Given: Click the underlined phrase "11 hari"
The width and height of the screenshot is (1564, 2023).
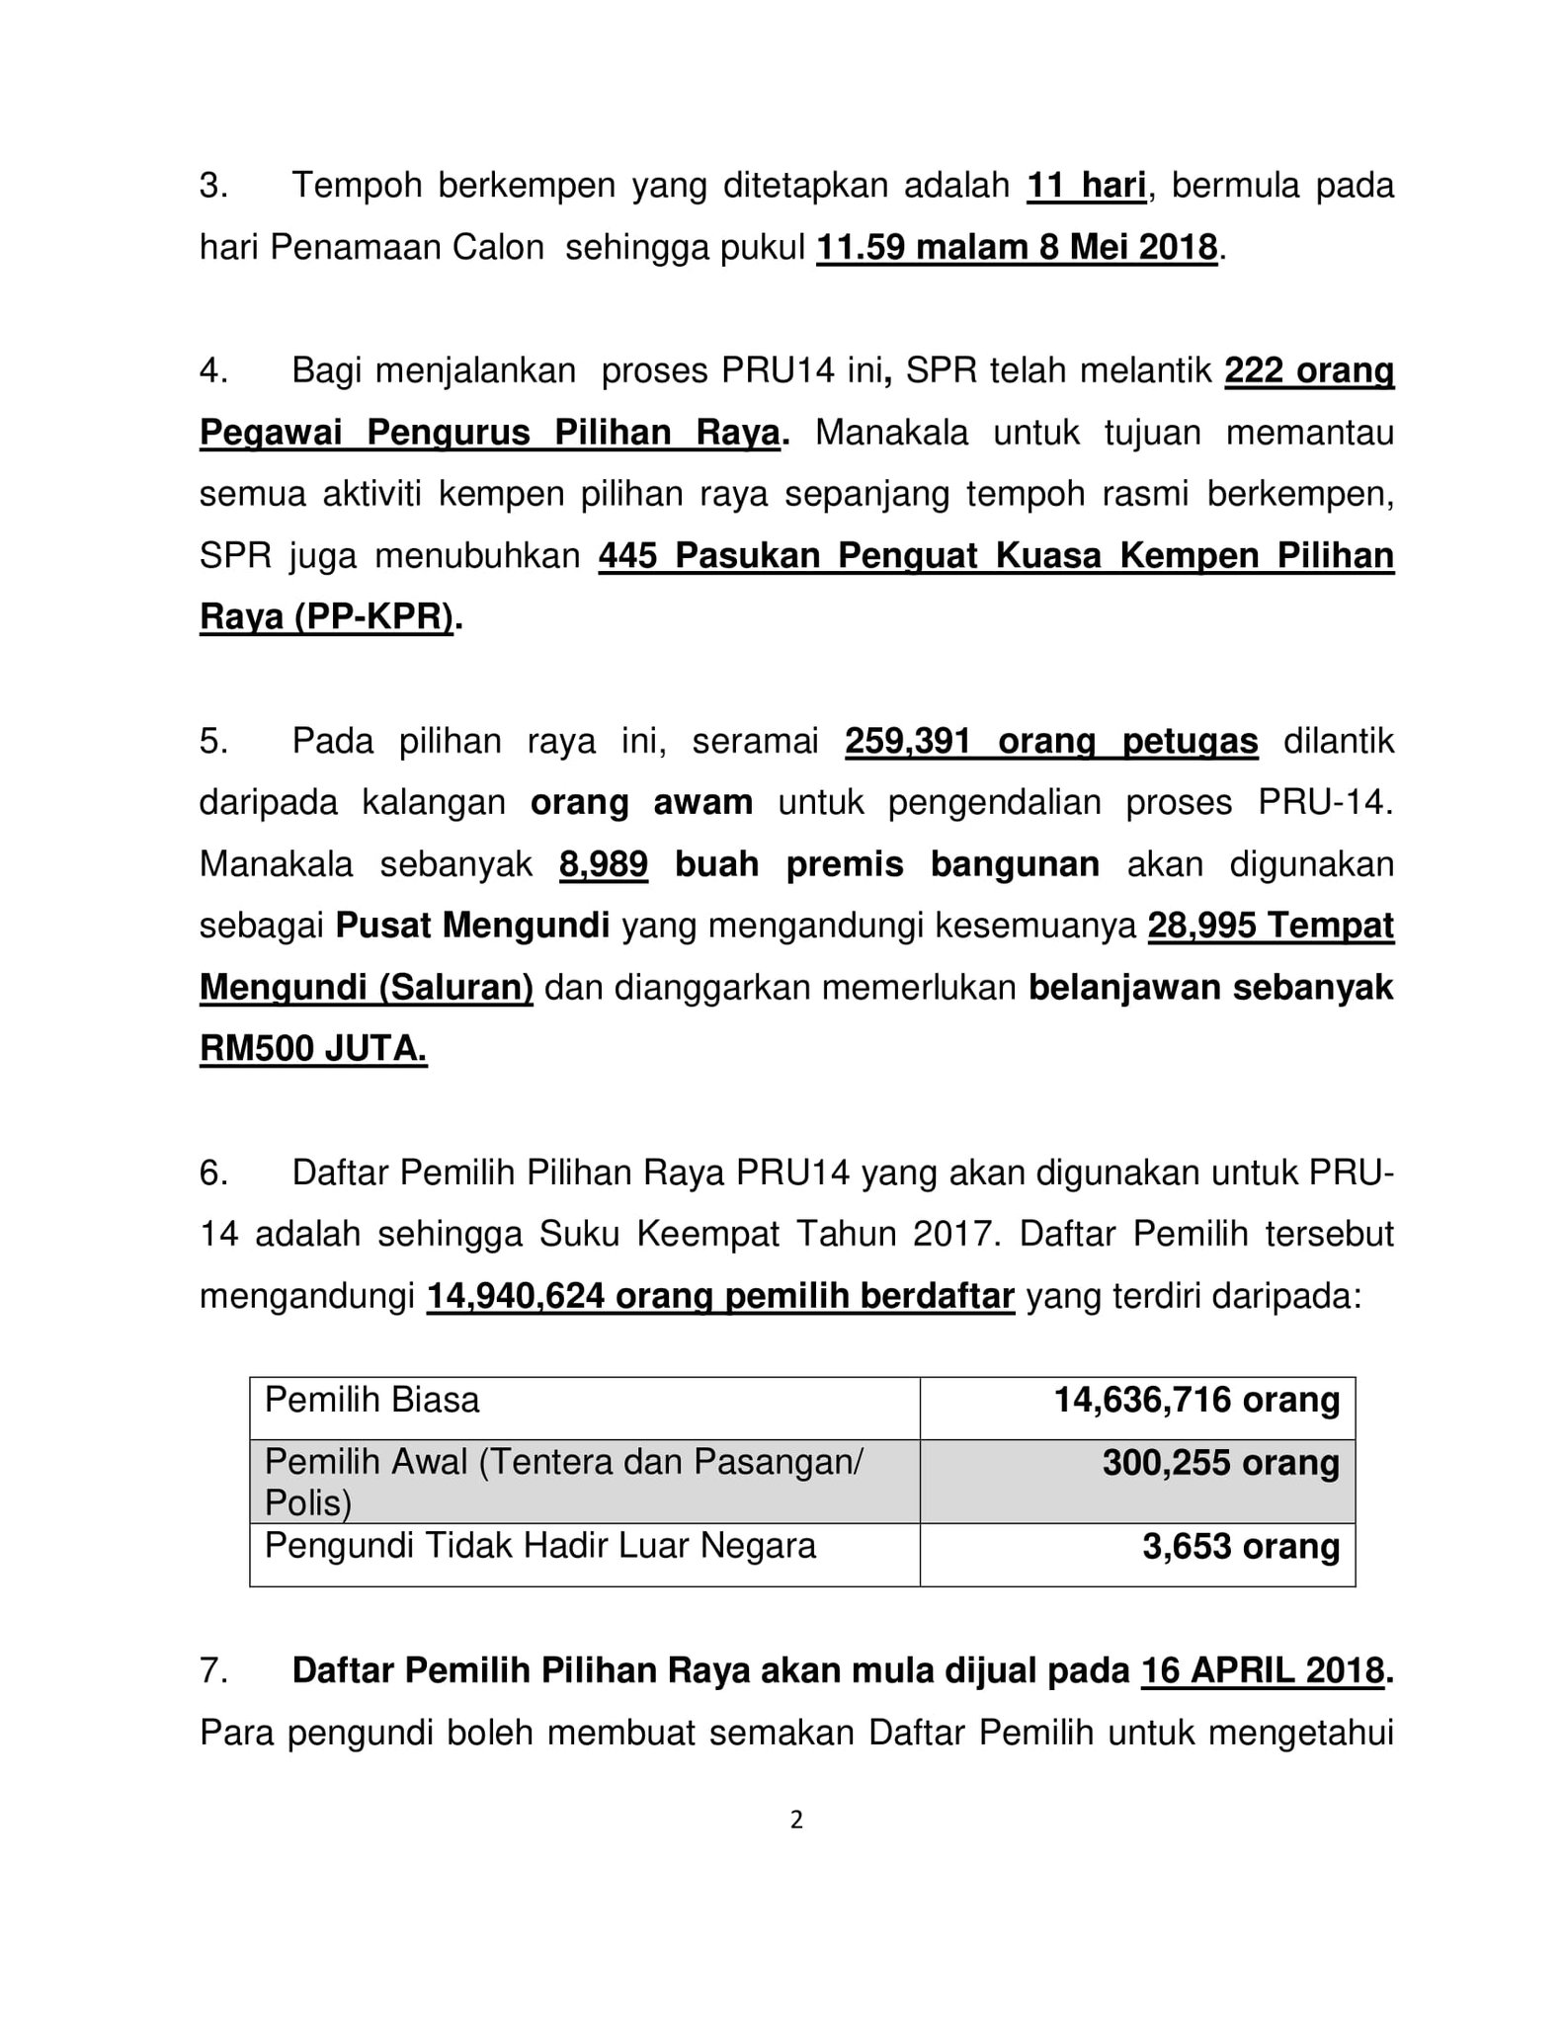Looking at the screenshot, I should tap(1086, 186).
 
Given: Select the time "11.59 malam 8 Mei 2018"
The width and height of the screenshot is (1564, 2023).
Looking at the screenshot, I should tap(1017, 247).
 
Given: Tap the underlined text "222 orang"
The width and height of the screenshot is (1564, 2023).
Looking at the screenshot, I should tap(1309, 371).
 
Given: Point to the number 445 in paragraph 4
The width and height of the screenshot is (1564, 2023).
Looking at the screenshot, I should tap(627, 556).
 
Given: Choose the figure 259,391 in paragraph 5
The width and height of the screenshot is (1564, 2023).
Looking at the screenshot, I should tap(908, 741).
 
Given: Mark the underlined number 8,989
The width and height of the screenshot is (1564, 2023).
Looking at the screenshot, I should tap(604, 864).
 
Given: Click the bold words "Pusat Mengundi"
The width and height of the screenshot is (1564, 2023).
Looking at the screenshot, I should tap(472, 926).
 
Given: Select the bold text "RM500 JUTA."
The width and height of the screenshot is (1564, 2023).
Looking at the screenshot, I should tap(313, 1049).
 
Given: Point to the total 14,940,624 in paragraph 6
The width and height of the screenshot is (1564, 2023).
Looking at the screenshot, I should tap(516, 1296).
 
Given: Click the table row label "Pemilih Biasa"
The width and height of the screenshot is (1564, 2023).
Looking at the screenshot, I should tap(372, 1400).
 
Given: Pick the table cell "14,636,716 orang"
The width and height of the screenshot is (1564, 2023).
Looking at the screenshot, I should tap(1196, 1400).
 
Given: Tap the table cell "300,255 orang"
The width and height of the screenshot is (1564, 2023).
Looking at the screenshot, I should tap(1220, 1463).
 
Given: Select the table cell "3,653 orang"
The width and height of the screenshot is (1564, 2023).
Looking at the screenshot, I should tap(1241, 1547).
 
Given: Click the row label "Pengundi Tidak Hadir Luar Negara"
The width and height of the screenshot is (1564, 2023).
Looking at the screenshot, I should tap(540, 1546).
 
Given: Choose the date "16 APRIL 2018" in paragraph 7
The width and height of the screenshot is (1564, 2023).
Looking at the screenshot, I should tap(1262, 1670).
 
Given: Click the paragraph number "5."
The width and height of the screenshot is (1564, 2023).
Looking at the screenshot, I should tap(213, 741).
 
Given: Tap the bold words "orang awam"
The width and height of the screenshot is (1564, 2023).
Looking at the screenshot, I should tap(641, 802).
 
